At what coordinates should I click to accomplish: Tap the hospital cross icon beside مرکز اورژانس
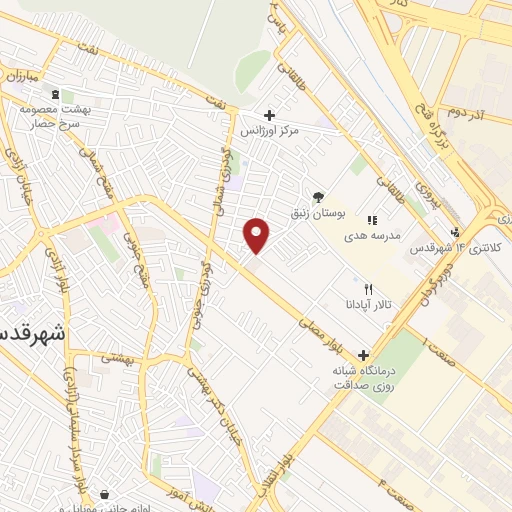coord(269,115)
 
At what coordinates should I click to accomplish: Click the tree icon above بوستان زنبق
coord(318,198)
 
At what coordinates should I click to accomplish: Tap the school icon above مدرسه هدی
coord(372,220)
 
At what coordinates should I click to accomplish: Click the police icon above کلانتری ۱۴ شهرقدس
coord(457,233)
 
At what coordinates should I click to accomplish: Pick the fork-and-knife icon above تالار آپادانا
coord(370,290)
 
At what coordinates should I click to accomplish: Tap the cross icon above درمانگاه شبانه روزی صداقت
coord(362,355)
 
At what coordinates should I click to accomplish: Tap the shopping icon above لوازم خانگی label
coord(105,495)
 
